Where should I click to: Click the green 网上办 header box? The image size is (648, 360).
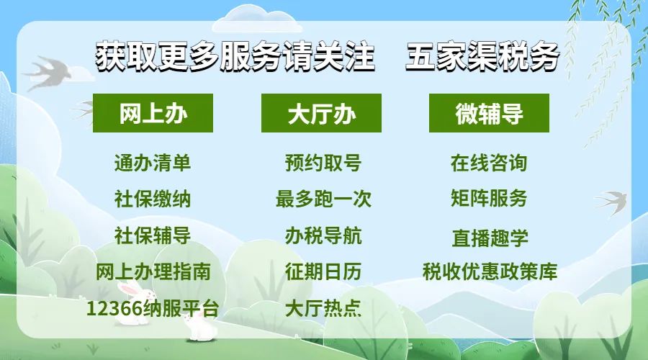pos(153,113)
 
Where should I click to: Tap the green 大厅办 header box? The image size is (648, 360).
pos(321,113)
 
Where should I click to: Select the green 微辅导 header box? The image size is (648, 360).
pos(490,113)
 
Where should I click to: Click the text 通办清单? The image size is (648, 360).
pos(153,163)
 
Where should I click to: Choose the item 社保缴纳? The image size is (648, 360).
pos(153,199)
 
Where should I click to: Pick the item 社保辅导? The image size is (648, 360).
pos(153,235)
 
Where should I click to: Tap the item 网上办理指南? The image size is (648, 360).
pos(153,271)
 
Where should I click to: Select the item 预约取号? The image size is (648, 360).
pos(323,163)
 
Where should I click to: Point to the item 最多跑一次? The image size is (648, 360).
pos(323,199)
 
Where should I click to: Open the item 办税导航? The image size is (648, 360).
pos(323,235)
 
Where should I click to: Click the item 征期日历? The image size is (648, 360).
pos(323,271)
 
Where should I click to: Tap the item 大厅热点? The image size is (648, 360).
pos(323,308)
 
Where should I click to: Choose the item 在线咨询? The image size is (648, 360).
pos(489,163)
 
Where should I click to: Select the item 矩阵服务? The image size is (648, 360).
pos(489,199)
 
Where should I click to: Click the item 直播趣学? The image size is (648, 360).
pos(490,238)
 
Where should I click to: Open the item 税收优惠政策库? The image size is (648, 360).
pos(490,271)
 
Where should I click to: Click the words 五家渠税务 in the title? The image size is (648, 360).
pos(482,56)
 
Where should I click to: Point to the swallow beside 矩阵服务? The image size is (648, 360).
pos(611,202)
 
